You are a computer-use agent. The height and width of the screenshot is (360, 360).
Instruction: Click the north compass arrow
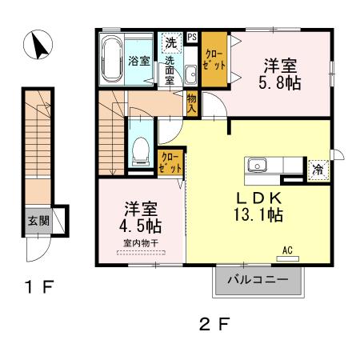click(x=40, y=46)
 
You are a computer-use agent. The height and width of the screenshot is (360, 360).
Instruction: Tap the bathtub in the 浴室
click(x=113, y=59)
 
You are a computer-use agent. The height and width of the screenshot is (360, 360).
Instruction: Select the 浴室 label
click(x=139, y=61)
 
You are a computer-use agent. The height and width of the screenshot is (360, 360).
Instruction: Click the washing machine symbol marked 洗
click(x=171, y=42)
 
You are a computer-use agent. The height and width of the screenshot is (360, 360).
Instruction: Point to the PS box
click(x=192, y=37)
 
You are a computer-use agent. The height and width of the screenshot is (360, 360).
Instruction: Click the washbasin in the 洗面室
click(x=191, y=74)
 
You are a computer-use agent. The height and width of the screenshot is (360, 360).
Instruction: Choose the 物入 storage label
click(x=192, y=103)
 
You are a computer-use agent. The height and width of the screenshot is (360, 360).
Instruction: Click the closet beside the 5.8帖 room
click(x=214, y=59)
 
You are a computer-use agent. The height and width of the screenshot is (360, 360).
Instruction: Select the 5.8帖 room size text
click(x=280, y=83)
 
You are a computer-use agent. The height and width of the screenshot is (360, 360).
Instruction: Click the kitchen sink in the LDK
click(x=257, y=166)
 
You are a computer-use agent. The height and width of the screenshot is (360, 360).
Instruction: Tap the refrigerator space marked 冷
click(x=318, y=170)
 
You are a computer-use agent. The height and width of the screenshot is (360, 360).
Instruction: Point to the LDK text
click(x=258, y=198)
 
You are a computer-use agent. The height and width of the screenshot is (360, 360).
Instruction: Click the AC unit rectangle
click(x=288, y=258)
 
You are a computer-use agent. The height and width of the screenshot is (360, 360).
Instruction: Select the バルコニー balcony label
click(x=258, y=280)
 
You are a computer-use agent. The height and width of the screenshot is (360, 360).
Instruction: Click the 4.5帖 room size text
click(x=140, y=226)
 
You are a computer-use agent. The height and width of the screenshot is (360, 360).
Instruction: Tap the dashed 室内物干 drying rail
click(x=141, y=253)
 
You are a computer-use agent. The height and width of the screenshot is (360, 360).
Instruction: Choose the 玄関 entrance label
click(x=38, y=221)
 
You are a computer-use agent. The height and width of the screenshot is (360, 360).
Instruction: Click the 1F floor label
click(x=39, y=286)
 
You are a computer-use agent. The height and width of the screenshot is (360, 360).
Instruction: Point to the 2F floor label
click(x=214, y=324)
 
